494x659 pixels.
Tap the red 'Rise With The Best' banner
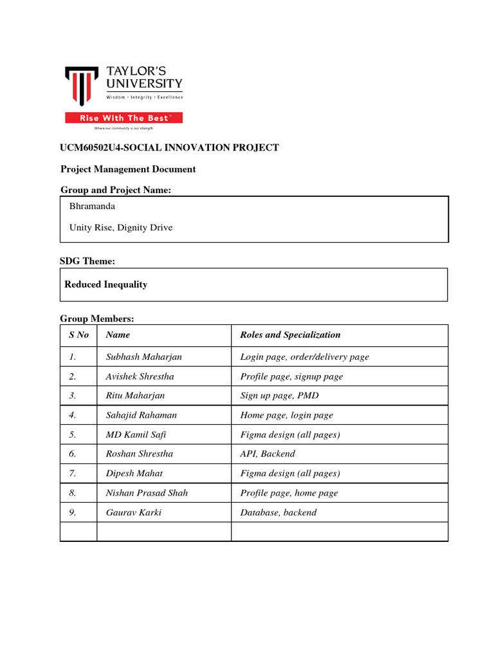123,118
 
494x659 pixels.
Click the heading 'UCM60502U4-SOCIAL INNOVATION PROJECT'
170,148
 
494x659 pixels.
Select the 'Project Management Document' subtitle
128,169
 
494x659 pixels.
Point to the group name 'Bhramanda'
92,207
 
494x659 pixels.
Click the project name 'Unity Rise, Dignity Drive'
120,227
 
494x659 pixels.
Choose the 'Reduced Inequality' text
106,284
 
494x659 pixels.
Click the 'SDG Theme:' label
87,261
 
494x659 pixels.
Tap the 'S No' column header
78,335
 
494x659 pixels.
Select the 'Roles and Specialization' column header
290,335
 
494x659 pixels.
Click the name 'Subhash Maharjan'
140,357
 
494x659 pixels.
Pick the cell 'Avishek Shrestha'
140,376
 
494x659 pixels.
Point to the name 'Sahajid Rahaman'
141,415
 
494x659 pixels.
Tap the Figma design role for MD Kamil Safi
289,434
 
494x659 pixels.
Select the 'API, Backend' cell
268,454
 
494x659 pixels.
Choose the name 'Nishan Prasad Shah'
147,493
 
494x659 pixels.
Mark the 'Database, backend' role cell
278,513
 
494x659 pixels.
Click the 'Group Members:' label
97,319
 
